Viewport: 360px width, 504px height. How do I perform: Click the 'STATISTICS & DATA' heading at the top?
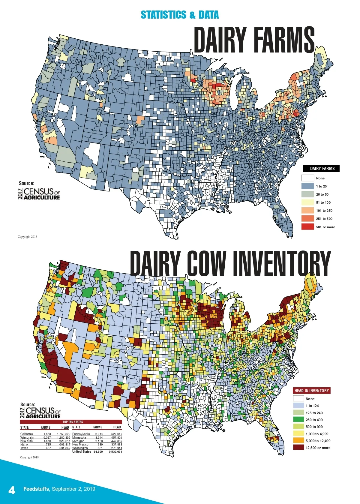pos(180,15)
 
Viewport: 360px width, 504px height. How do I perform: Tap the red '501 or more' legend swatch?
pos(307,227)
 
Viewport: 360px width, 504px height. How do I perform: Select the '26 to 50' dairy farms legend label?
pos(322,194)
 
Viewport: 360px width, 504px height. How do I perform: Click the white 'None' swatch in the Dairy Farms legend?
pos(307,178)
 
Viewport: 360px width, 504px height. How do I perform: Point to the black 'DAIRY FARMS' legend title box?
pos(321,169)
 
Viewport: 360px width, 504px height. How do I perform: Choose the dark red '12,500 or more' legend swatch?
pos(298,448)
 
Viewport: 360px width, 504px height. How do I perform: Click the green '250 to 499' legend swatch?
pos(298,420)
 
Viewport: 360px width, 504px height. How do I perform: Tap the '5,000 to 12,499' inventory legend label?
pos(318,441)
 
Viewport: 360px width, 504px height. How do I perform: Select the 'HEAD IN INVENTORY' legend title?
pos(312,391)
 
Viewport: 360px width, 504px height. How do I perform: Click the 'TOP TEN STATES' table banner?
pos(73,422)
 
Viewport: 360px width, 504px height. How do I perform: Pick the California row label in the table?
pos(27,434)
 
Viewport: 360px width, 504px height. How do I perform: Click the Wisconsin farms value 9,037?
pos(47,437)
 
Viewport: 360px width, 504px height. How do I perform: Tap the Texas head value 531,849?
pos(65,448)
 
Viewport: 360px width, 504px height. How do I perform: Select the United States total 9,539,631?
pos(115,451)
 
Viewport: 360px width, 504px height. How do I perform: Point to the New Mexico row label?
pos(80,444)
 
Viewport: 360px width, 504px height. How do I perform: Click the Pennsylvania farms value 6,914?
pos(99,434)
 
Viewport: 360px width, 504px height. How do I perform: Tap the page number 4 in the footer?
pos(12,490)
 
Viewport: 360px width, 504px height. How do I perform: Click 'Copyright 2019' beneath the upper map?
pos(27,237)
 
